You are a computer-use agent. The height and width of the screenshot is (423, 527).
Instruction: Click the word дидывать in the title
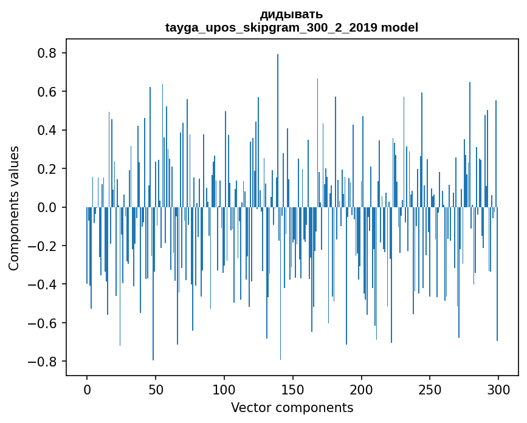click(292, 14)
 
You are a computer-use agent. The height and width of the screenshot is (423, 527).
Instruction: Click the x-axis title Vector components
click(292, 408)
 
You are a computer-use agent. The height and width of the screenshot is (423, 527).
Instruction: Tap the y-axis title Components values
click(14, 208)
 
